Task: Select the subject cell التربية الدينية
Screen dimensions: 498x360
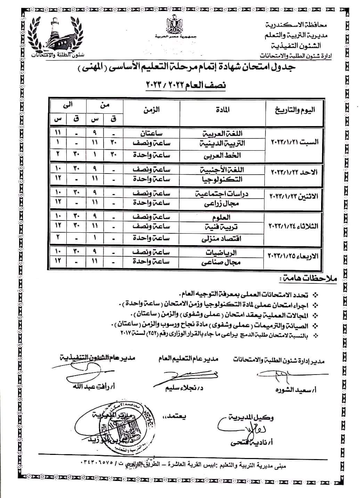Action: [222, 143]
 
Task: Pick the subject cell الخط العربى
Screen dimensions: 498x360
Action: [222, 155]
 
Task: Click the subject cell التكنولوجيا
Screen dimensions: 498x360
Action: [222, 179]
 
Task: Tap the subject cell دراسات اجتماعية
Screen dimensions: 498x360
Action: [222, 194]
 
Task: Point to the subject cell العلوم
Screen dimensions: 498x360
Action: [222, 217]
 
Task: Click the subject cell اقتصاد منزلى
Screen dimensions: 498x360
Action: [222, 239]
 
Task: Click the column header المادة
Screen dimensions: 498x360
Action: [222, 111]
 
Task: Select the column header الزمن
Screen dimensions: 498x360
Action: [151, 110]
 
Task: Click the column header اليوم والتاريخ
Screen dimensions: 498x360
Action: [295, 110]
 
